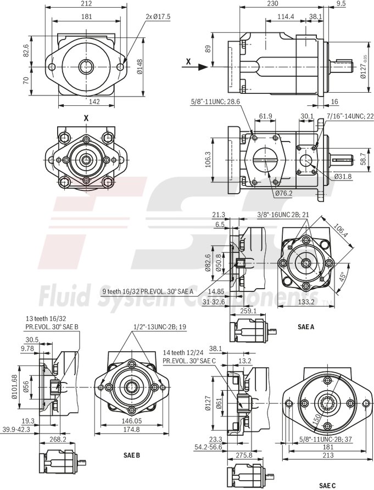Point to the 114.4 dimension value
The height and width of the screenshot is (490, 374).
point(286,17)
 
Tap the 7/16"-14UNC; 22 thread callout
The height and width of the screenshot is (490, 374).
point(350,116)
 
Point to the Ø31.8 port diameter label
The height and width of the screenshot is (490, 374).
point(343,177)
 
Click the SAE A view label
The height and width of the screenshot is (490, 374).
point(305,326)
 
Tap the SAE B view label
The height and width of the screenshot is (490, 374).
point(132,455)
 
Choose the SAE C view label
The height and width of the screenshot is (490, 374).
point(327,485)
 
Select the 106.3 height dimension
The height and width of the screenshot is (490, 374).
point(208,159)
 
